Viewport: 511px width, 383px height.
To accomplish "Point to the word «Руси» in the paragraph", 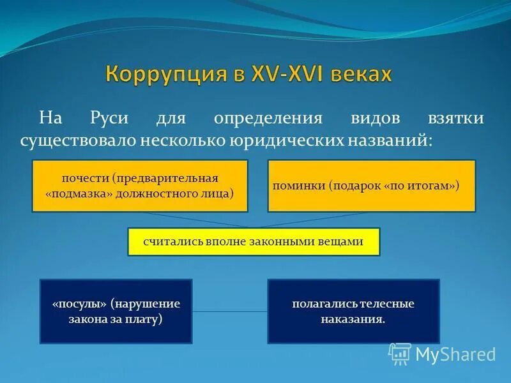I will tap(110, 119).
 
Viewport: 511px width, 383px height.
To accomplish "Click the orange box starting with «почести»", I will tap(140, 186).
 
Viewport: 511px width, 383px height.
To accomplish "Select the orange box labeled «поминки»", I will tap(371, 186).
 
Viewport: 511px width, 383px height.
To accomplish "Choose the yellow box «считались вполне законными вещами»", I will tap(254, 242).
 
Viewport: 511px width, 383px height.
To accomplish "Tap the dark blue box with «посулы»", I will tap(116, 311).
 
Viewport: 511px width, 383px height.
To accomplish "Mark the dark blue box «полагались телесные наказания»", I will tap(353, 311).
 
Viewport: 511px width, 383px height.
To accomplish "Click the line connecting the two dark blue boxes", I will tap(230, 312).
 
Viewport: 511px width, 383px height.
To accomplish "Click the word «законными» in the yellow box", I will tap(291, 242).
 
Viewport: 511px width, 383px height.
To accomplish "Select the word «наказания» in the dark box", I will tap(353, 318).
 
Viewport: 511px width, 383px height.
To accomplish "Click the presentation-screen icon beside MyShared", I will tap(400, 353).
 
